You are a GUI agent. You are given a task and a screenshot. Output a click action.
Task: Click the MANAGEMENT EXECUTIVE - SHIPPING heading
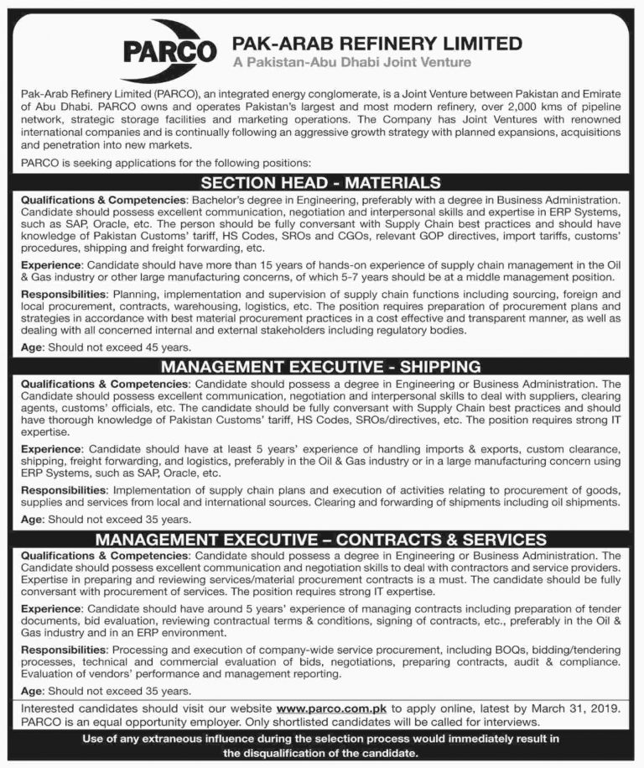click(321, 367)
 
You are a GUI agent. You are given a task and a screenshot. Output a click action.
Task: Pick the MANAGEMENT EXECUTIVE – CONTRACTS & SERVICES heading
click(321, 539)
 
